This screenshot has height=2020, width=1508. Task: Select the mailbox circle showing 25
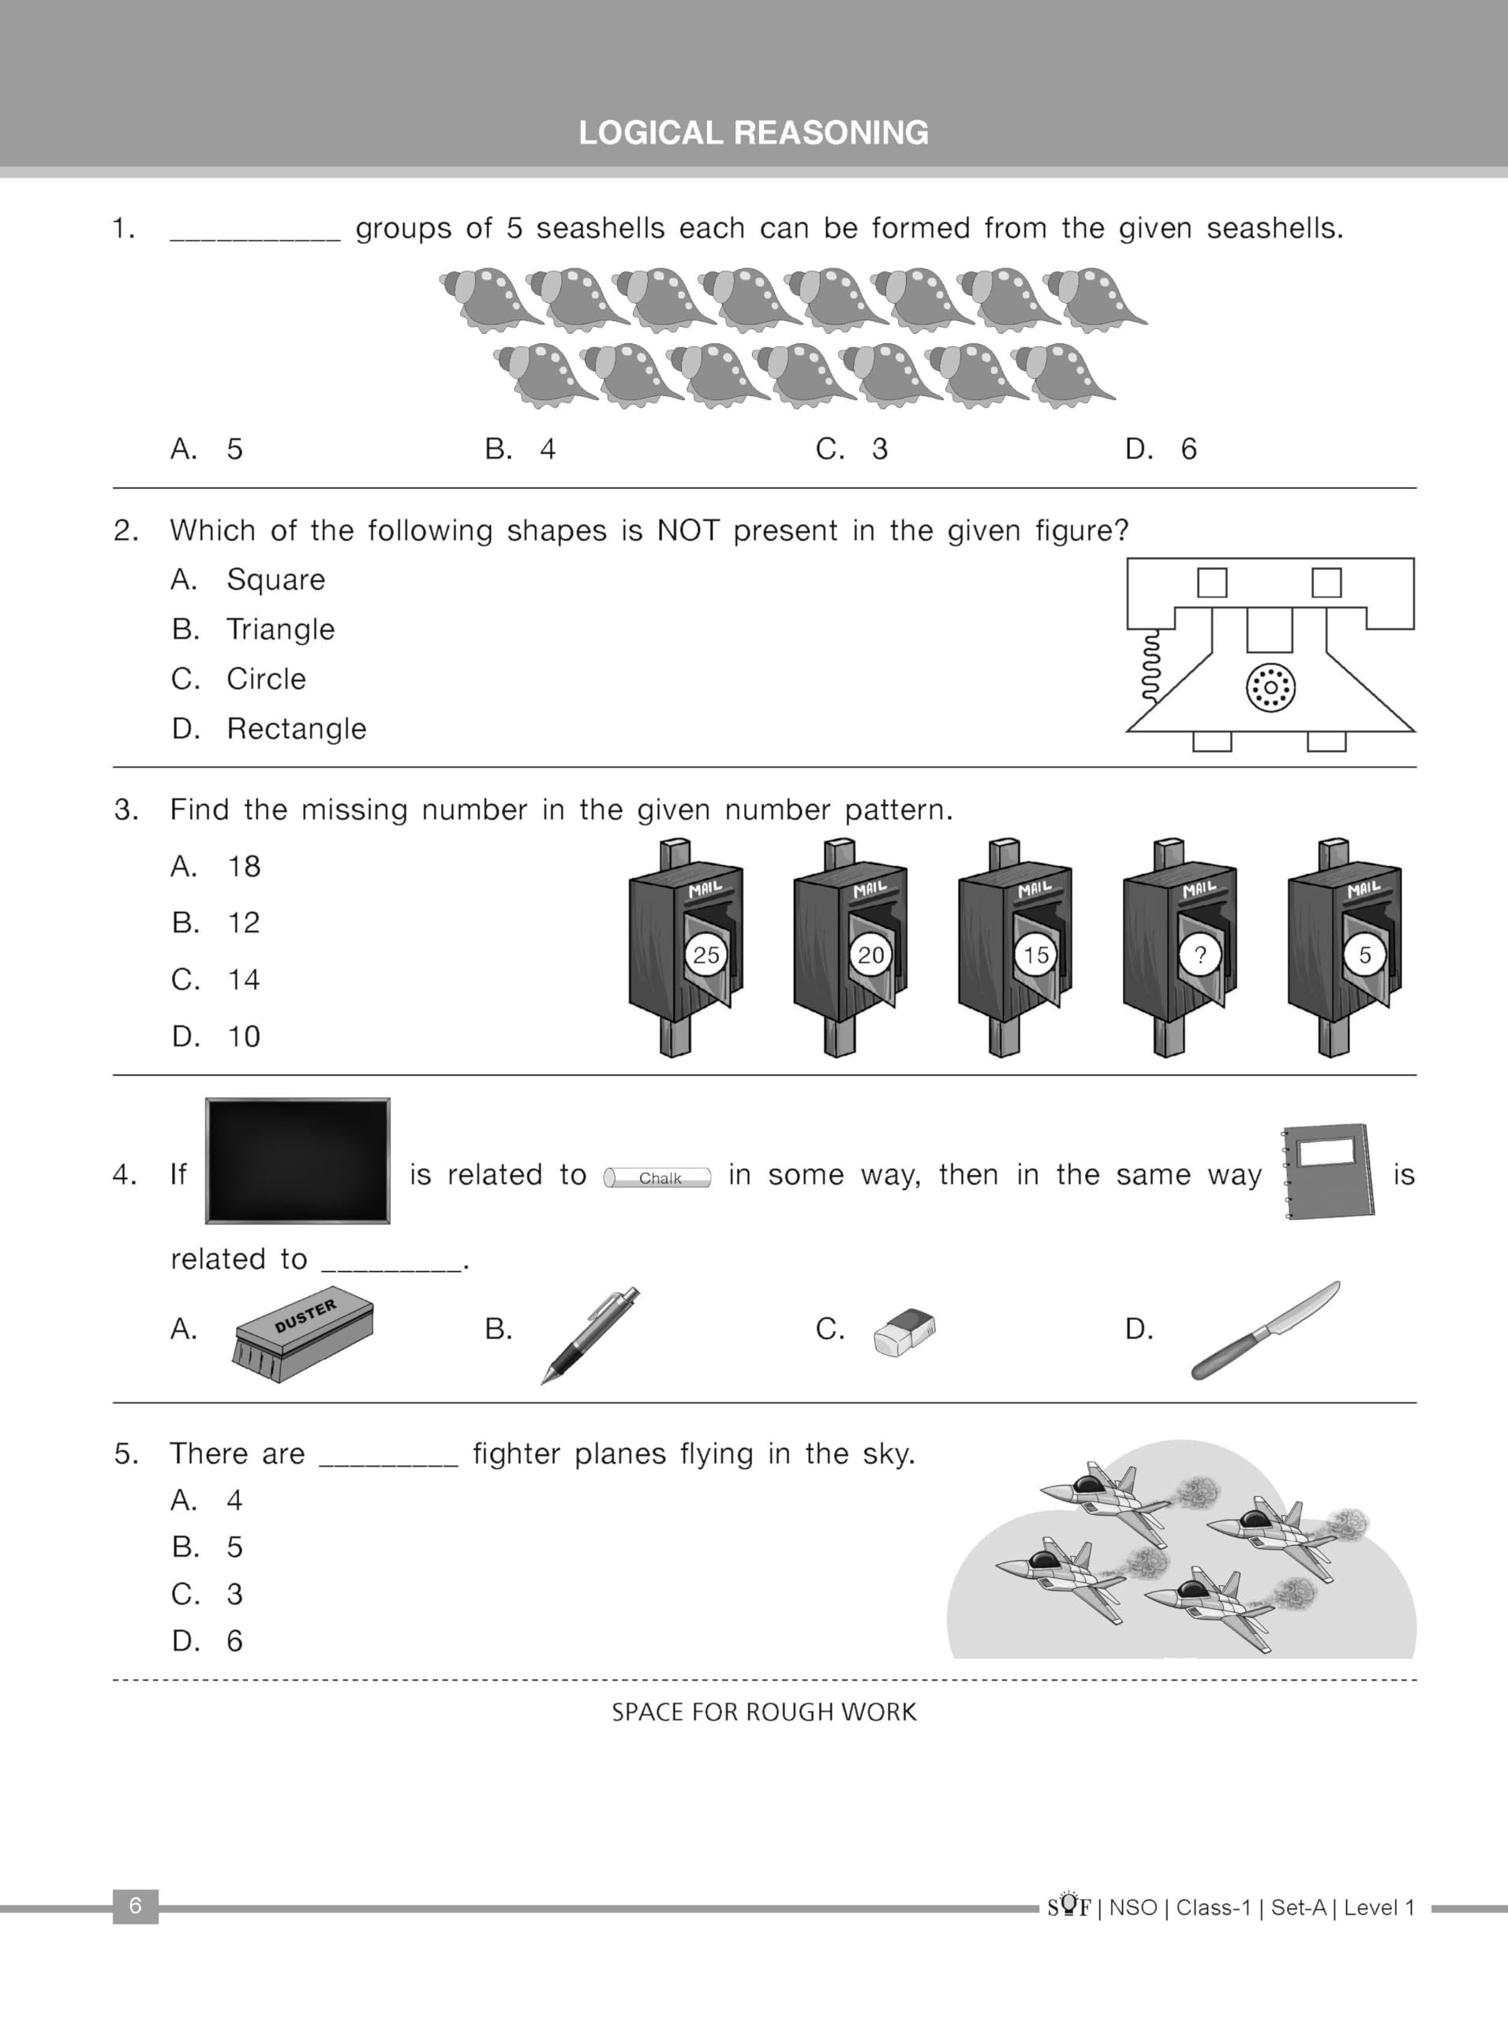click(705, 955)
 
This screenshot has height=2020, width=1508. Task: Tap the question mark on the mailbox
click(1199, 955)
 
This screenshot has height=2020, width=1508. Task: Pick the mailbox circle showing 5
click(1364, 955)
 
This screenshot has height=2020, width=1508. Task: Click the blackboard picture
click(297, 1160)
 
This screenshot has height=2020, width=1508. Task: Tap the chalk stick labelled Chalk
click(657, 1177)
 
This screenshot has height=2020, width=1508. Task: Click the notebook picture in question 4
click(1329, 1171)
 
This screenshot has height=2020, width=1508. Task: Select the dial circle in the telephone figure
click(1270, 687)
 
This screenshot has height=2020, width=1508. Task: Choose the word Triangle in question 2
click(280, 629)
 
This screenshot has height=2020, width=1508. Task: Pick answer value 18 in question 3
click(244, 866)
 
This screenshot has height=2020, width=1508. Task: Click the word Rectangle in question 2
click(296, 728)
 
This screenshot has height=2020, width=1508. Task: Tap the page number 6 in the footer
click(135, 1905)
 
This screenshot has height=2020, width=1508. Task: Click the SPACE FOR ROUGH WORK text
click(764, 1711)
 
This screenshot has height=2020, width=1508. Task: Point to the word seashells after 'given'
click(1274, 227)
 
